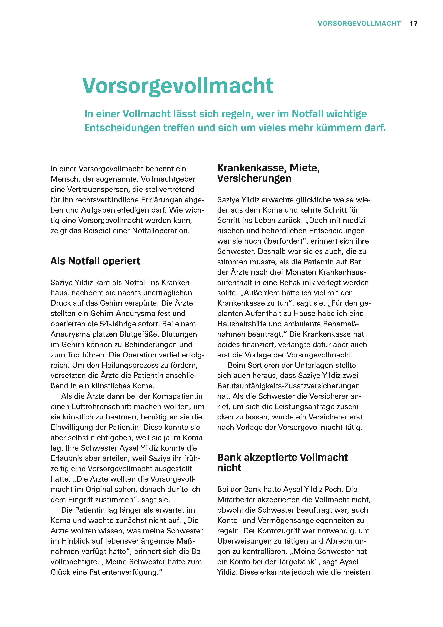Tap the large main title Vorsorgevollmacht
[x=178, y=86]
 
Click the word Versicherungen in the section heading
[x=254, y=178]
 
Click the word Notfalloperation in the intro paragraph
[x=160, y=231]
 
